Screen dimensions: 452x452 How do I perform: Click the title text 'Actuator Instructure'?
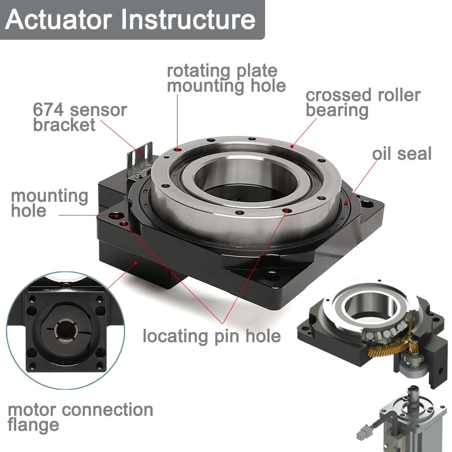tap(131, 19)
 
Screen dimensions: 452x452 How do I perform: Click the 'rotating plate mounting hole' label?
tap(226, 78)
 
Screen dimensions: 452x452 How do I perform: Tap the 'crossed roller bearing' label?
tap(363, 103)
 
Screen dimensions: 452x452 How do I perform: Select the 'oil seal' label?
tap(401, 154)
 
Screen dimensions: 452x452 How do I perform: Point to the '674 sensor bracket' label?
tap(80, 117)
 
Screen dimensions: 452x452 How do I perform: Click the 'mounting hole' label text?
tap(50, 203)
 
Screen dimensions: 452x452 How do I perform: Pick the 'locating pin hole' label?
tap(211, 336)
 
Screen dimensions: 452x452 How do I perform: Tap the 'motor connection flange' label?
tap(80, 417)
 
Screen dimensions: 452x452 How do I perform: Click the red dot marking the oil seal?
tap(346, 202)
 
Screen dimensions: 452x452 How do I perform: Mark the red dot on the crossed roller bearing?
tap(293, 146)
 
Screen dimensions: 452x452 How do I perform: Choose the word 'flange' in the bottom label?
tap(33, 425)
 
